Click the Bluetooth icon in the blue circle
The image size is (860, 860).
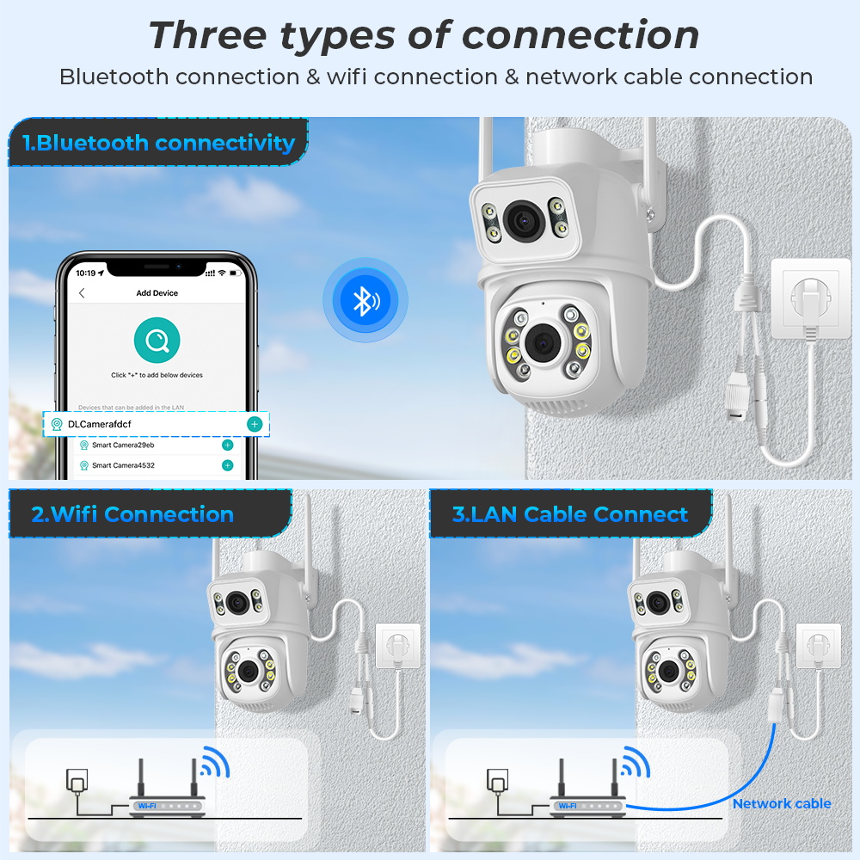point(365,300)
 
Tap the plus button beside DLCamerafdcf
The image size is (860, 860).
point(254,424)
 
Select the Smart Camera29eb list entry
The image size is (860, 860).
point(123,445)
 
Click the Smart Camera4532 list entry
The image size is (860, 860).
point(123,465)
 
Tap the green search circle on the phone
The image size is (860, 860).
point(157,341)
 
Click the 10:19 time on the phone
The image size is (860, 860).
point(85,273)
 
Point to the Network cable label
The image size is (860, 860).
point(781,803)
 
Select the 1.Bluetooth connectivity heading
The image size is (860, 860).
point(159,143)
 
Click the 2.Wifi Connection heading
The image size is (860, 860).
point(132,515)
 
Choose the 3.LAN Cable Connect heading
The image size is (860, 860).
point(570,515)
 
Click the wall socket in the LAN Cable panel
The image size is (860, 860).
point(816,645)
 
